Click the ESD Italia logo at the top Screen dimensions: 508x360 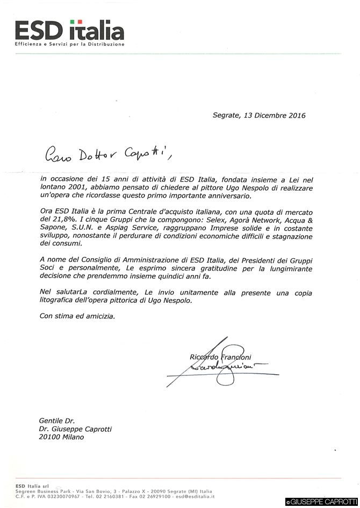point(69,30)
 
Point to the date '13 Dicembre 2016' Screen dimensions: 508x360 point(275,115)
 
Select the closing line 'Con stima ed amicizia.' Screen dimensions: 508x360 point(77,316)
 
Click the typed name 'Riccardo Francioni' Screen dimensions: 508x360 point(220,357)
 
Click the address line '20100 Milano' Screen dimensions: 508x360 point(61,437)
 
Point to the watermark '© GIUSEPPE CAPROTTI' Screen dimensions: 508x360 point(322,502)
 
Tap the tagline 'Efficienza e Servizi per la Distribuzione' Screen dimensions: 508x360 point(70,44)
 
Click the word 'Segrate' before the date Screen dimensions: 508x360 point(226,115)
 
